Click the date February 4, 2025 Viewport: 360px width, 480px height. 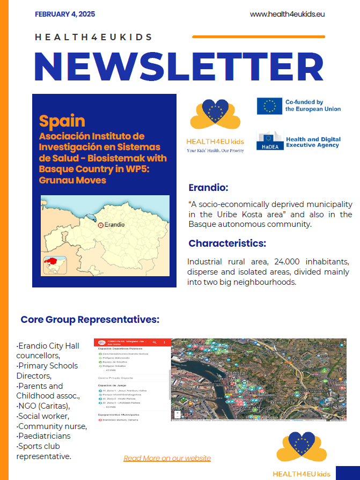coord(65,14)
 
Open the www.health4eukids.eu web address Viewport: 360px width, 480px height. coord(287,14)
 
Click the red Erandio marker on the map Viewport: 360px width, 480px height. coord(100,226)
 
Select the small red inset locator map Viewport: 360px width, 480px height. coord(55,264)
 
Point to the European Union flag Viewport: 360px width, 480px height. coord(269,106)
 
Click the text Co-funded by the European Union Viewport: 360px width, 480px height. coord(313,106)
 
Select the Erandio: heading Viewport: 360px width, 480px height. coord(209,188)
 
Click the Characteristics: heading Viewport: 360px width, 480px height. coord(227,243)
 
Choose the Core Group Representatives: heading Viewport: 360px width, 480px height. coord(90,320)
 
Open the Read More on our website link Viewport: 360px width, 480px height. coord(167,458)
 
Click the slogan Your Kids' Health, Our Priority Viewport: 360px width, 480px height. coord(215,151)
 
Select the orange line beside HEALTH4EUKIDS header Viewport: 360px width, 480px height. coord(258,37)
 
